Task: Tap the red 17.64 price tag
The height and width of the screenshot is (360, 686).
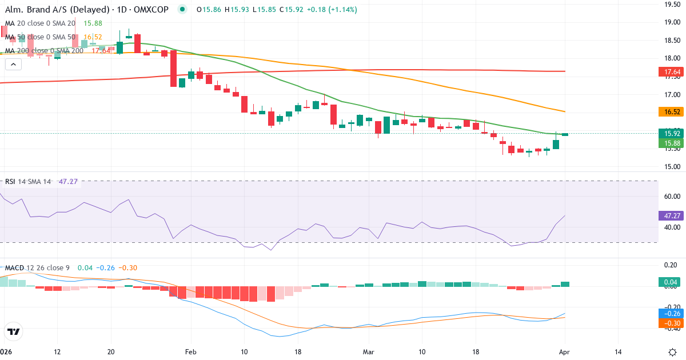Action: click(669, 72)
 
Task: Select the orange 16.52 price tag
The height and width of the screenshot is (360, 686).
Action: click(669, 112)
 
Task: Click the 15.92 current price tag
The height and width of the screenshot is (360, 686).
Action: click(669, 134)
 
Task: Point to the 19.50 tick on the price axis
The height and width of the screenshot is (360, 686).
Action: click(669, 5)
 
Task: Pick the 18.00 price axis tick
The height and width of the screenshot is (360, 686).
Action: click(669, 58)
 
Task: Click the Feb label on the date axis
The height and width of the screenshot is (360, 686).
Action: click(191, 351)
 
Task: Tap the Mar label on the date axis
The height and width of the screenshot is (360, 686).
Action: click(368, 351)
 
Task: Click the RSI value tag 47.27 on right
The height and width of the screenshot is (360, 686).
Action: click(669, 216)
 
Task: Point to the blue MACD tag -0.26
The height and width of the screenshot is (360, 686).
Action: click(669, 313)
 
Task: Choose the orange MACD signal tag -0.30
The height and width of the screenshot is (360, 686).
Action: click(669, 323)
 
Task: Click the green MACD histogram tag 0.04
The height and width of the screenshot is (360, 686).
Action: click(669, 282)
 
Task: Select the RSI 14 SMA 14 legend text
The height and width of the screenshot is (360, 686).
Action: click(28, 182)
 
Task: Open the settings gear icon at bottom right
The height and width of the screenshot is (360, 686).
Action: click(672, 351)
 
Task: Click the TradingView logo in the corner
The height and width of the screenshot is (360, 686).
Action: click(14, 331)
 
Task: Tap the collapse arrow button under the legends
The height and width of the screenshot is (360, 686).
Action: click(13, 65)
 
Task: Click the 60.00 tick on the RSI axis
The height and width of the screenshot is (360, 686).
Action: click(669, 196)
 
